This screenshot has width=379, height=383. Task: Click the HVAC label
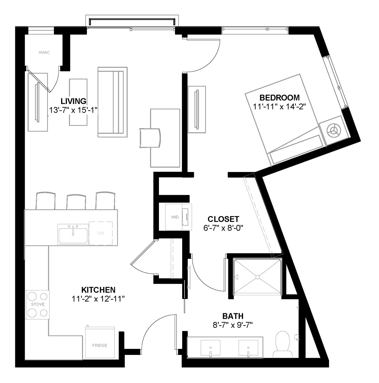[44, 52]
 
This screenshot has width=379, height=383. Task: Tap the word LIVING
[73, 101]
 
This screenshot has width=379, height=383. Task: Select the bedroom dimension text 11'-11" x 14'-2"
[279, 107]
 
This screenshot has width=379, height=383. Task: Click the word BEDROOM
[279, 98]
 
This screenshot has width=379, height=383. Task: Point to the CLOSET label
[223, 219]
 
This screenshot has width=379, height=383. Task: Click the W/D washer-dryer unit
[178, 217]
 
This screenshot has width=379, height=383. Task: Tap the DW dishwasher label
[101, 233]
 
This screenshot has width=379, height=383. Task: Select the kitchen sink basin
[73, 235]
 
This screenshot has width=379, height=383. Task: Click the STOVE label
[38, 304]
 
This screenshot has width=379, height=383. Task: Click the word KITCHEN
[98, 290]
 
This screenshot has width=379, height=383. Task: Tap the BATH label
[233, 316]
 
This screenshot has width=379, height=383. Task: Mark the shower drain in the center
[258, 277]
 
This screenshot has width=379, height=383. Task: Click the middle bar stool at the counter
[76, 202]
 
